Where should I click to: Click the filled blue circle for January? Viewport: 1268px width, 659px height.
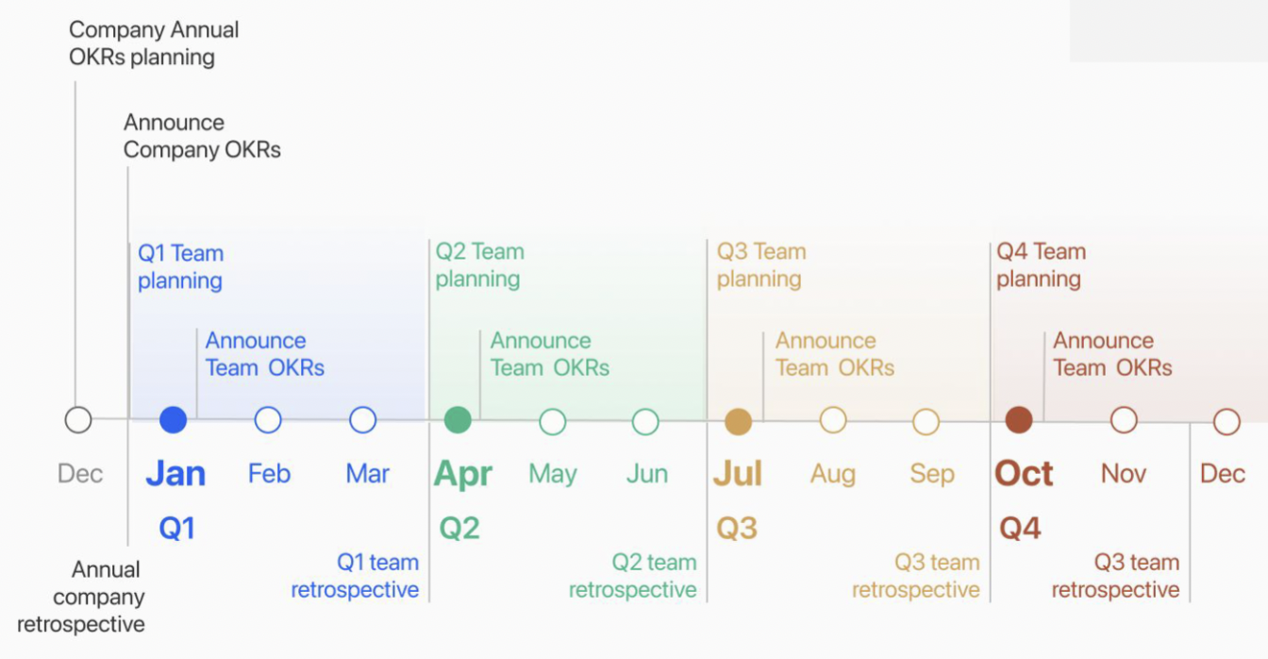coord(174,420)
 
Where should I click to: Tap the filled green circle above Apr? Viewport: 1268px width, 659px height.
coord(458,420)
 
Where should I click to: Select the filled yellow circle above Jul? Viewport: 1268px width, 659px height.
coord(738,422)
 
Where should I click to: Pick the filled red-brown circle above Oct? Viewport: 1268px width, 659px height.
coord(1019,420)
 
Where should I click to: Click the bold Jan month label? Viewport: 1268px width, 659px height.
coord(175,474)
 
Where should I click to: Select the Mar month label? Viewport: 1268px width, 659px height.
coord(367,474)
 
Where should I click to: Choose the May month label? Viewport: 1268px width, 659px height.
coord(553,475)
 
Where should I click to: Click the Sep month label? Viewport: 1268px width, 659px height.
coord(932,475)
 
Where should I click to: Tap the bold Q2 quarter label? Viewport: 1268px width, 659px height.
coord(459,528)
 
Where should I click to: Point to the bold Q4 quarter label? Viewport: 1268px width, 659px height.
coord(1020,528)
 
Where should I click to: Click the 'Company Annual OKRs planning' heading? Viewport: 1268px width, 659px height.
coord(154,43)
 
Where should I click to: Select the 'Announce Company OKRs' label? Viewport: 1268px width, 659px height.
coord(202,136)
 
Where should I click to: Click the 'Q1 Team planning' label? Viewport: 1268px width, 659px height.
coord(180,267)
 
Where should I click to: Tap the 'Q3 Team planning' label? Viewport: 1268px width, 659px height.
coord(761,265)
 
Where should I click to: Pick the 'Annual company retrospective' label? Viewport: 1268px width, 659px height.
coord(81,597)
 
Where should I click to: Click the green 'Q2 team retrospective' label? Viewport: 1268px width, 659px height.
coord(633,576)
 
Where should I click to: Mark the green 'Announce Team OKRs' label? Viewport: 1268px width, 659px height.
coord(550,354)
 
